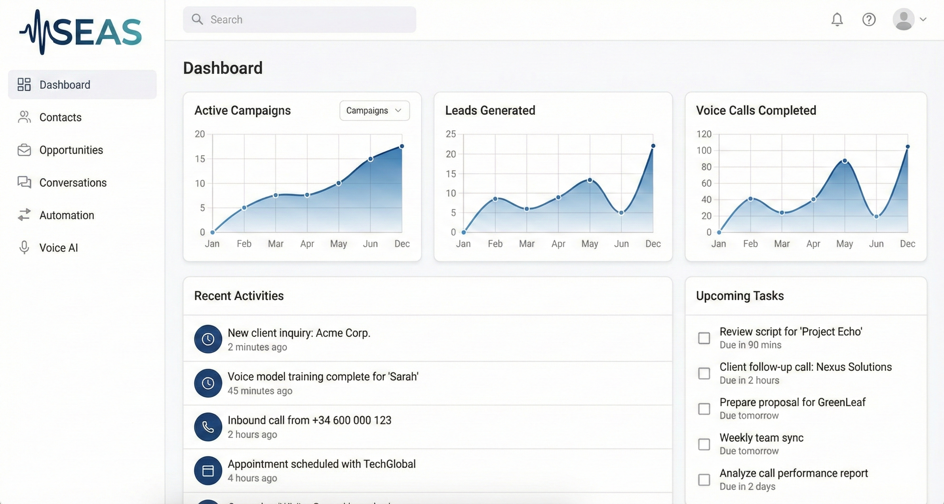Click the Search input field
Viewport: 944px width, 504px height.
tap(299, 19)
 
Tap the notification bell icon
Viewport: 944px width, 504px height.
tap(837, 19)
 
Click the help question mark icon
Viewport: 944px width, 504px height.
tap(869, 19)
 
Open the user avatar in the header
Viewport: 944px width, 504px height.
tap(903, 19)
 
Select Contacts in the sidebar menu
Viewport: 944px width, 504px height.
tap(60, 117)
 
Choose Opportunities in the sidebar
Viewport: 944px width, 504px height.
tap(71, 150)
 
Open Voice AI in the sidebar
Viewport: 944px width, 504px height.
tap(58, 248)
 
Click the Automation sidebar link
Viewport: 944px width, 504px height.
tap(66, 215)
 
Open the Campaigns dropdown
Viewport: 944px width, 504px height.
tap(374, 111)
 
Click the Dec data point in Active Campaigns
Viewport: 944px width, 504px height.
tap(402, 146)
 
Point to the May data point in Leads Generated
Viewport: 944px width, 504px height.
tap(590, 180)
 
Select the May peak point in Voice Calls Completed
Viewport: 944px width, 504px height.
tap(845, 161)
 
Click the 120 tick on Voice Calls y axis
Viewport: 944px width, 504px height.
tap(704, 134)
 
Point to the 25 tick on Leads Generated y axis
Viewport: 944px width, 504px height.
tap(451, 134)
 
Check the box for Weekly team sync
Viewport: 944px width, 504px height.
tap(704, 444)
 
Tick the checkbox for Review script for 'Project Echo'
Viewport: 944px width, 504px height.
tap(704, 338)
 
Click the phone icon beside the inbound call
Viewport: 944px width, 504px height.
tap(208, 427)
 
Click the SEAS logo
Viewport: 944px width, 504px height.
tap(80, 32)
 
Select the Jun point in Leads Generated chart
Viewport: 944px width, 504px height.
tap(621, 213)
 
